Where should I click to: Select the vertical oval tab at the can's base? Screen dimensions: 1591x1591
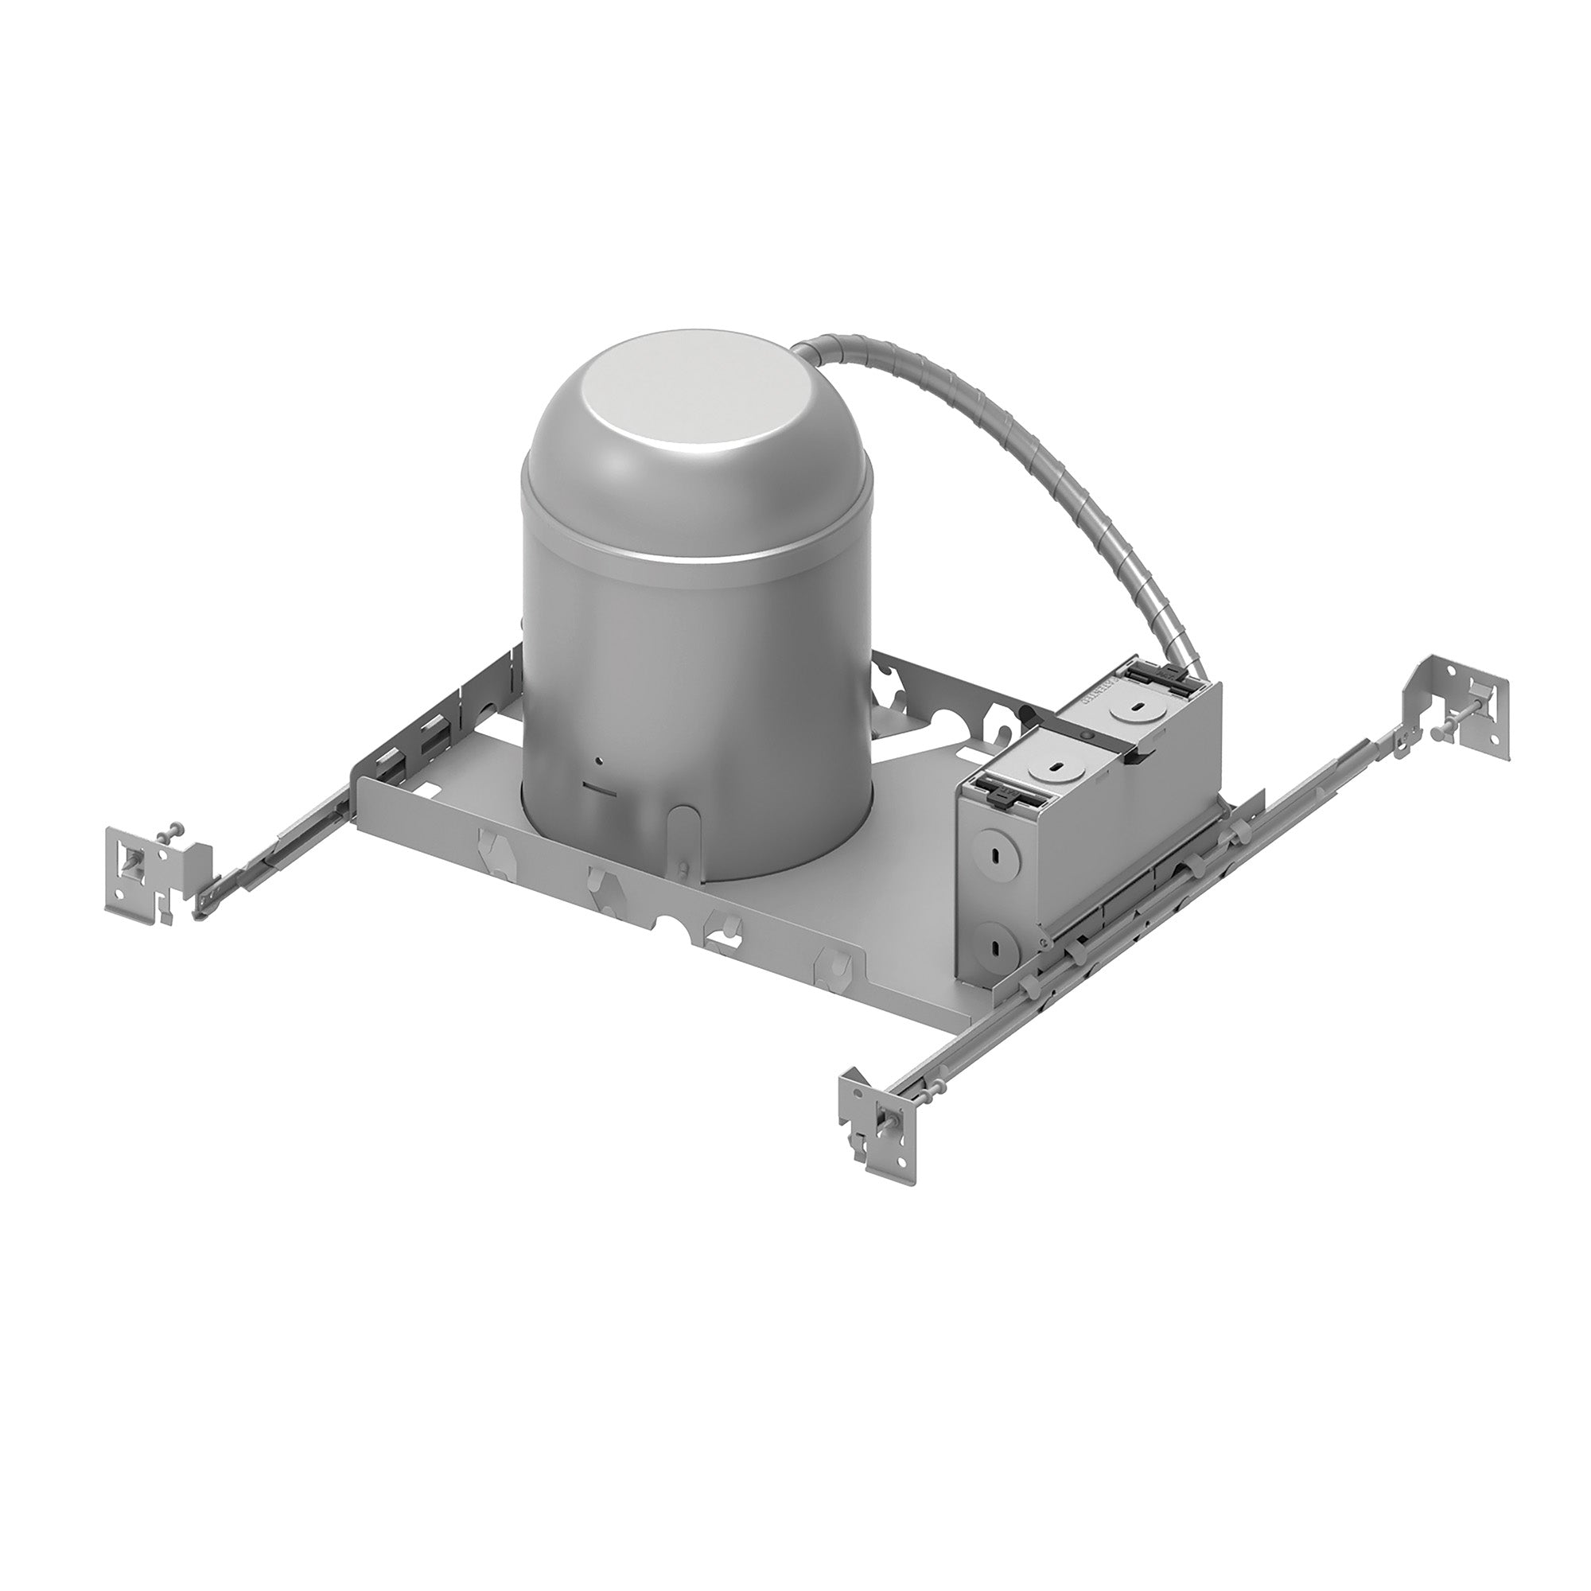(679, 832)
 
